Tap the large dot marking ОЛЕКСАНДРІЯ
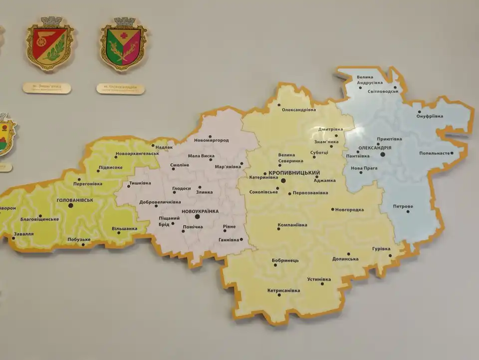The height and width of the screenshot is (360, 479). (383, 155)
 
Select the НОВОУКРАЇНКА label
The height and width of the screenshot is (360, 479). (200, 211)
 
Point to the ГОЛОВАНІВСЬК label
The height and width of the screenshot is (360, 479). (75, 200)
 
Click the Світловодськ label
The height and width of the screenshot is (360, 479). (383, 92)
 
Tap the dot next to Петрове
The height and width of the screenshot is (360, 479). (408, 212)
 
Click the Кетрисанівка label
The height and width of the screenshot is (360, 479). (283, 290)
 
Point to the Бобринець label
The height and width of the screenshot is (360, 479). (285, 261)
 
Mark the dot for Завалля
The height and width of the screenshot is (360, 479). (13, 238)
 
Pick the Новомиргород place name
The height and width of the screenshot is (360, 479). (212, 140)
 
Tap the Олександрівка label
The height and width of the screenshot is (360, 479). (299, 109)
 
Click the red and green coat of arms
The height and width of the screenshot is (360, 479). (49, 44)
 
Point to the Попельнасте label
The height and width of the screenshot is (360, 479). (435, 153)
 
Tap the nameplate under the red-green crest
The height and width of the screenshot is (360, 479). (46, 88)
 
